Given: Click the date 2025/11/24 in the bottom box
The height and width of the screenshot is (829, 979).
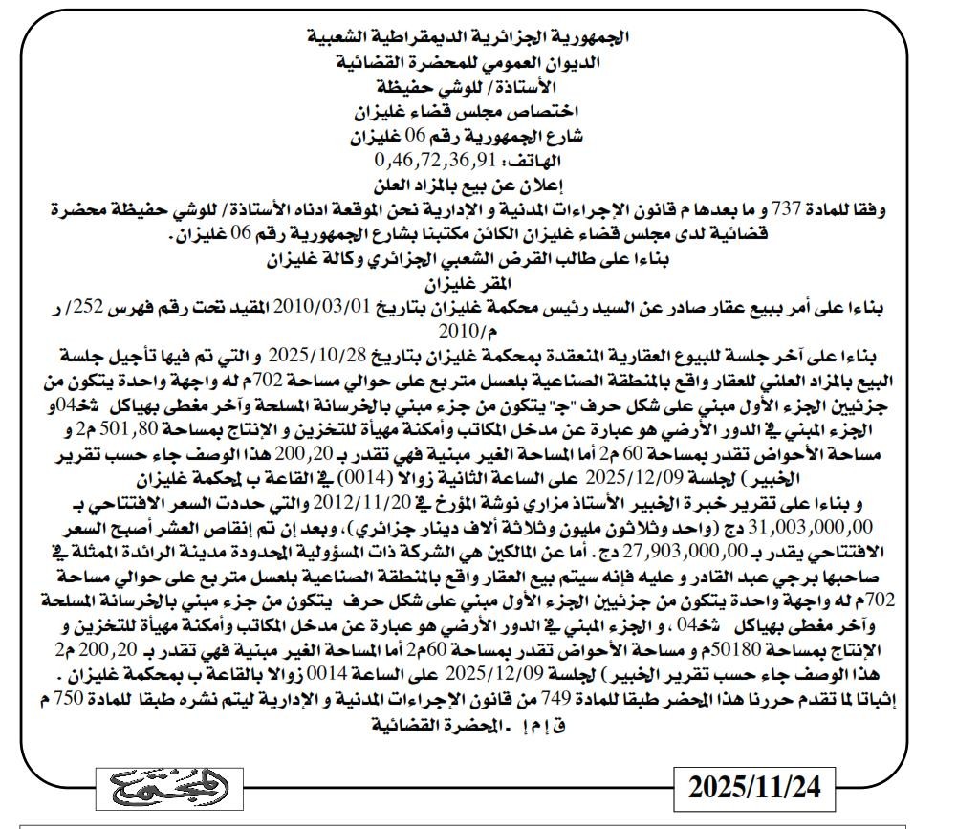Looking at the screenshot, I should (x=755, y=788).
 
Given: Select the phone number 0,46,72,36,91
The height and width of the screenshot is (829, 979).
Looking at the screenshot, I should (x=439, y=159).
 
